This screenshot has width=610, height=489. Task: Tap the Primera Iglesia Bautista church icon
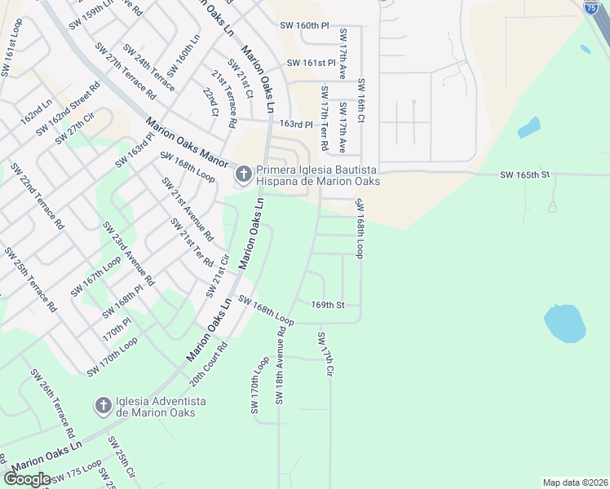point(243,174)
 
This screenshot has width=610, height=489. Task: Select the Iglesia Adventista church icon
point(103,405)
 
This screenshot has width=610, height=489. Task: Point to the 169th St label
point(329,305)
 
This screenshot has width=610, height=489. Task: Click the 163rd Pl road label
point(297,125)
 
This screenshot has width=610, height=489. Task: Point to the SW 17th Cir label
point(326,355)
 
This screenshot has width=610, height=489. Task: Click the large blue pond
point(564,323)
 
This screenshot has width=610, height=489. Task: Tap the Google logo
point(28,479)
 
